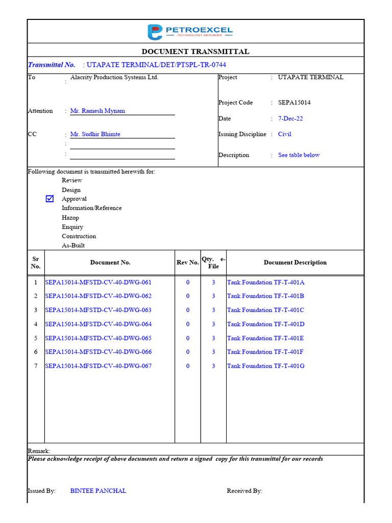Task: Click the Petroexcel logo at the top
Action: tap(190, 32)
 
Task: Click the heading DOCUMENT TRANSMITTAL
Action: tap(195, 52)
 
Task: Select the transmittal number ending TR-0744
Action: tap(156, 65)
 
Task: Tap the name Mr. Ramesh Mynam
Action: tap(97, 111)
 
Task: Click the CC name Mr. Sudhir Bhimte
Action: tap(95, 134)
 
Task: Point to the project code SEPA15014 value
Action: tap(294, 103)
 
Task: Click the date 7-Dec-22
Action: tap(290, 118)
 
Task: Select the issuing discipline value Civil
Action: tap(285, 134)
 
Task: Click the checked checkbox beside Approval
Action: tap(50, 199)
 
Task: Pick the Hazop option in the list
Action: tap(70, 218)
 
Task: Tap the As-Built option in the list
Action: tap(73, 246)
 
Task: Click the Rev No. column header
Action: tap(187, 263)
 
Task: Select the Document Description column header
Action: tap(295, 263)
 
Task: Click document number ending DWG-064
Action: tap(98, 324)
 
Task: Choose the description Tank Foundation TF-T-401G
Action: tap(265, 366)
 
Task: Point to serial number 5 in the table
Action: tap(36, 338)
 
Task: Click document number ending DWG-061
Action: tap(98, 282)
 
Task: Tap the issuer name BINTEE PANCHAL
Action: tap(98, 491)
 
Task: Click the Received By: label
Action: tap(244, 491)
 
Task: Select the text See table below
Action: tap(299, 155)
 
